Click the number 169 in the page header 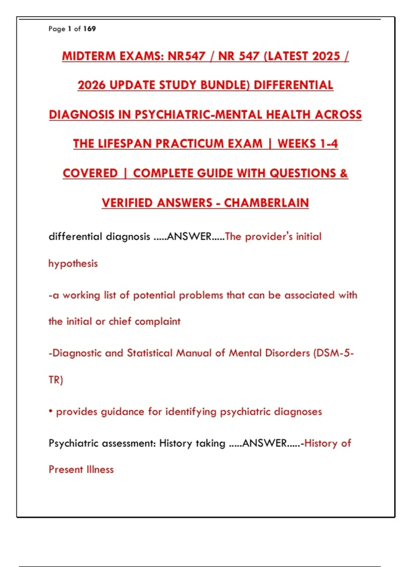[x=89, y=29]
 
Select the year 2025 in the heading [x=322, y=56]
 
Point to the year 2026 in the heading [x=91, y=85]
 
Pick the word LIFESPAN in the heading [x=125, y=144]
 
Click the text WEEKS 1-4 [x=308, y=144]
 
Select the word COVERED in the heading [x=90, y=173]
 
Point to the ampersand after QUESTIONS [x=344, y=173]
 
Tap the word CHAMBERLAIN [x=266, y=203]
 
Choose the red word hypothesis [x=73, y=264]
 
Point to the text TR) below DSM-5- [x=56, y=380]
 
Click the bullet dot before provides [x=51, y=411]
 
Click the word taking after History [x=210, y=444]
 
